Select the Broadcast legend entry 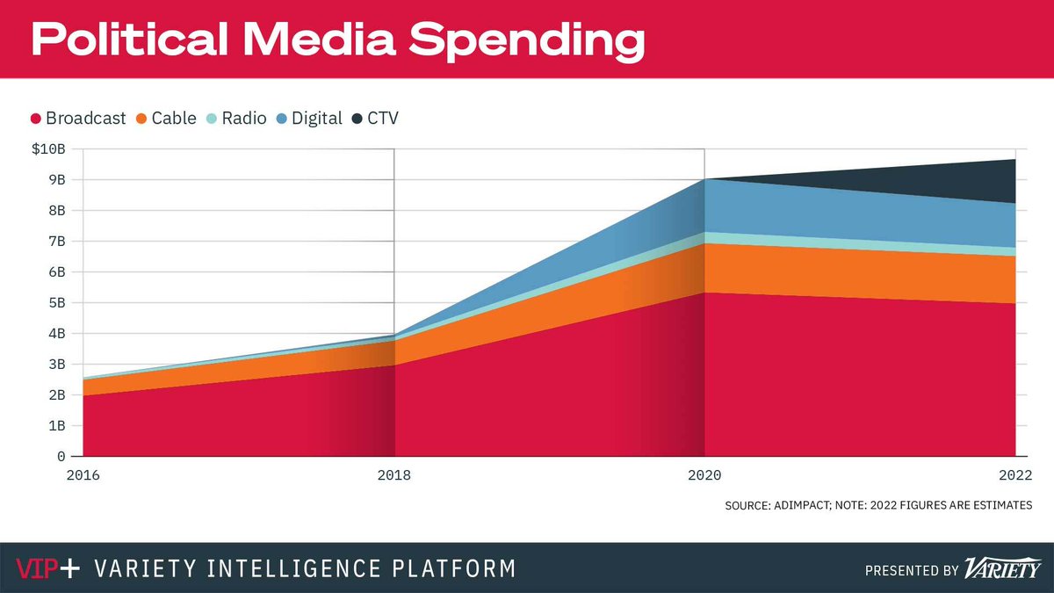click(78, 118)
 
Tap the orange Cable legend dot click(141, 118)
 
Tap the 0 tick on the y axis click(61, 457)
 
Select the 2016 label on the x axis click(83, 475)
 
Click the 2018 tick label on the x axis click(394, 475)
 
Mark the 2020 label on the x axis click(704, 475)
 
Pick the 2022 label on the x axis click(1014, 475)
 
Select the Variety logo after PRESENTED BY click(1000, 568)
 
